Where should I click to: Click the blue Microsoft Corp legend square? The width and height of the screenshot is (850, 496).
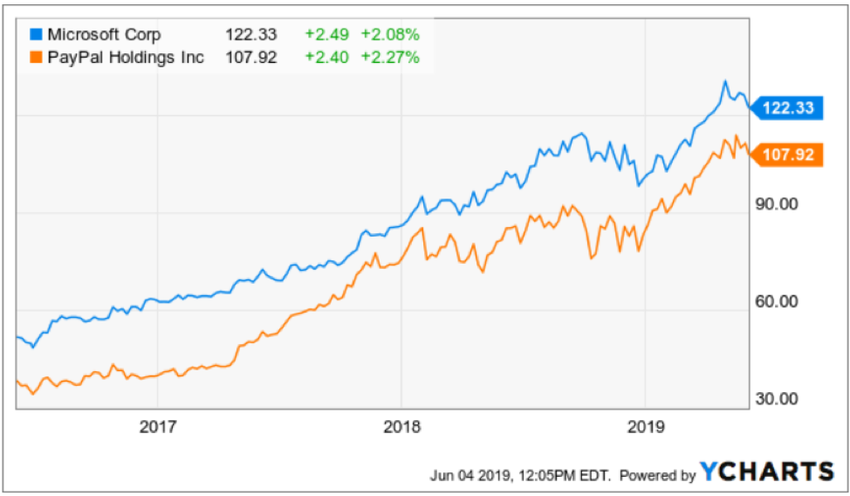[37, 35]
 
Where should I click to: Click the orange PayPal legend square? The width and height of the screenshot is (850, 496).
[37, 59]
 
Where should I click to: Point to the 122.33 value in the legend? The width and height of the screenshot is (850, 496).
[252, 35]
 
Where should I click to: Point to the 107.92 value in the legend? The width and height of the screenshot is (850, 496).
[252, 59]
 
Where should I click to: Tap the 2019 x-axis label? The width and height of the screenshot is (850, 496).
[645, 427]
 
